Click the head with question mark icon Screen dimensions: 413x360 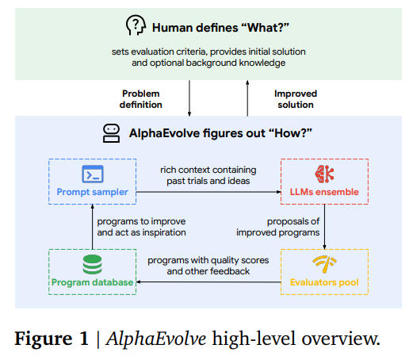(136, 25)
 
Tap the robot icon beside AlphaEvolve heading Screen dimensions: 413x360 (111, 133)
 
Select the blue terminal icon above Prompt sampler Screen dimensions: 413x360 (93, 174)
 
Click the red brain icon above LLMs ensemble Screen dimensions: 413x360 (324, 174)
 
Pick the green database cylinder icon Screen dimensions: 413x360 (92, 264)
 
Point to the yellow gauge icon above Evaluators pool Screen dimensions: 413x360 (324, 264)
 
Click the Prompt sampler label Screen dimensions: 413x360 (93, 192)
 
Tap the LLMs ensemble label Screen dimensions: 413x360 (324, 192)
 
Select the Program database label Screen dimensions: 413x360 (92, 282)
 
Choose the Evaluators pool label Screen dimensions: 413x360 (324, 282)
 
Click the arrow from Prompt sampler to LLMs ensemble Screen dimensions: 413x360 (208, 192)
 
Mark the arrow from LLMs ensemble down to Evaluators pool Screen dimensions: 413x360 (324, 227)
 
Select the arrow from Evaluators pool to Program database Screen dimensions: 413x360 (208, 282)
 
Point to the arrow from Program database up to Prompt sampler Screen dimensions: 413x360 (92, 227)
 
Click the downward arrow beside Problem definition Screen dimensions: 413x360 (189, 98)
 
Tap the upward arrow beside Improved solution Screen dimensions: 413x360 (247, 98)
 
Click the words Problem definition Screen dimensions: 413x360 (141, 99)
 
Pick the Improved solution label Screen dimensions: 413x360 (296, 99)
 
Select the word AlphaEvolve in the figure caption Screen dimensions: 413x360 (156, 339)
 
